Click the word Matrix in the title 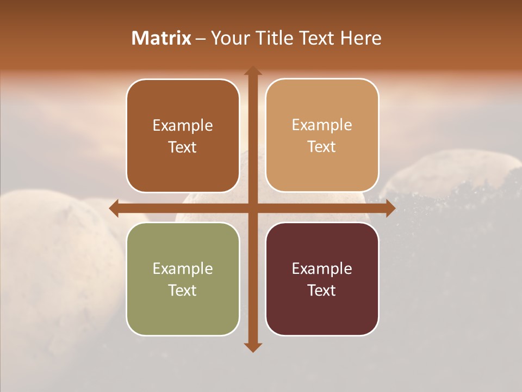pos(161,38)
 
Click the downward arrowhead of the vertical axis pos(252,347)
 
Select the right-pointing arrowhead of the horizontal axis pos(390,208)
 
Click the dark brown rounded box pos(183,136)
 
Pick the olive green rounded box pos(183,279)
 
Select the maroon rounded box pos(322,279)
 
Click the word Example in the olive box pos(183,268)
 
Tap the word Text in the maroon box pos(322,290)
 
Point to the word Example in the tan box pos(322,125)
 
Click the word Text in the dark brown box pos(183,148)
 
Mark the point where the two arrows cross pos(252,208)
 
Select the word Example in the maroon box pos(322,268)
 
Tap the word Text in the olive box pos(183,290)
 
